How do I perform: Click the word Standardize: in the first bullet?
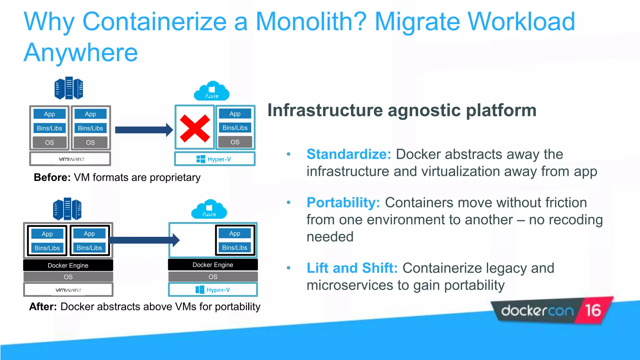(x=349, y=154)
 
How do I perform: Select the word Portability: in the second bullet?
(x=343, y=202)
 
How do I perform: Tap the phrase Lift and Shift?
(x=352, y=268)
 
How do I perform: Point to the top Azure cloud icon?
(x=212, y=91)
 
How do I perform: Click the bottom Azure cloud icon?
(x=209, y=209)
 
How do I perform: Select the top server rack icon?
(x=69, y=88)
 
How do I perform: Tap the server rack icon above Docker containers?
(x=67, y=209)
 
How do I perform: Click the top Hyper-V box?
(x=214, y=159)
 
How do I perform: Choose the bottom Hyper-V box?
(x=213, y=290)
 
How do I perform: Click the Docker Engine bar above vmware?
(x=68, y=265)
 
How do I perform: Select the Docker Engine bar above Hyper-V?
(x=213, y=265)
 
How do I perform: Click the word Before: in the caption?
(x=52, y=177)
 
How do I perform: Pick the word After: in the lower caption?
(x=43, y=307)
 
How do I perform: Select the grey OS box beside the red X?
(x=235, y=142)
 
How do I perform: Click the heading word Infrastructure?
(x=325, y=110)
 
